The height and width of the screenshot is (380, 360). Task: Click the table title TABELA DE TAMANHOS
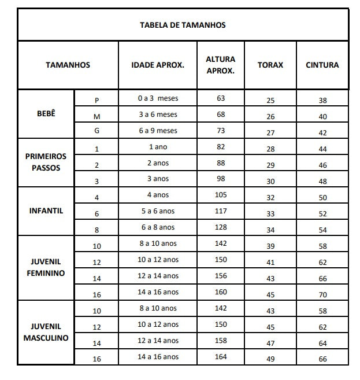click(183, 25)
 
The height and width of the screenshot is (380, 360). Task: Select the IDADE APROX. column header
click(158, 65)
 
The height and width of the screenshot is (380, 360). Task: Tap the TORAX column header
click(270, 65)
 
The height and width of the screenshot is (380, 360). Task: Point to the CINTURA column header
click(322, 65)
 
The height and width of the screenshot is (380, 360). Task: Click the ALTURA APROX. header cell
click(220, 65)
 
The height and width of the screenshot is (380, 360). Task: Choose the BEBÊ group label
click(46, 113)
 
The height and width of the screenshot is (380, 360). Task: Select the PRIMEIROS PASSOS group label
click(46, 162)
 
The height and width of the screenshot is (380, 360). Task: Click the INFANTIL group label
click(46, 211)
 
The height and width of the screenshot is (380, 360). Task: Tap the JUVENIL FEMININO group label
click(46, 267)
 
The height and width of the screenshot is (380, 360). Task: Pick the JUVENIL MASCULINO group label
click(46, 332)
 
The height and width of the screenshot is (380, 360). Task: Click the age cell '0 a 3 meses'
click(158, 98)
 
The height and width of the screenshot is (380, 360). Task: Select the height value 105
click(221, 195)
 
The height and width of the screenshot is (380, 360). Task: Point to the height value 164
click(221, 357)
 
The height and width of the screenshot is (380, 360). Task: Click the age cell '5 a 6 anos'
click(158, 211)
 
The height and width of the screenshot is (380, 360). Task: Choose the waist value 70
click(322, 294)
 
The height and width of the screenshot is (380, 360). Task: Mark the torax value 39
click(270, 246)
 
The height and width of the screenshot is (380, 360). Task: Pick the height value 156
click(221, 276)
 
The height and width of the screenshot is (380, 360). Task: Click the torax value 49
click(270, 359)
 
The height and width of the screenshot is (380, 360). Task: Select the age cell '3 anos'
click(158, 179)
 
